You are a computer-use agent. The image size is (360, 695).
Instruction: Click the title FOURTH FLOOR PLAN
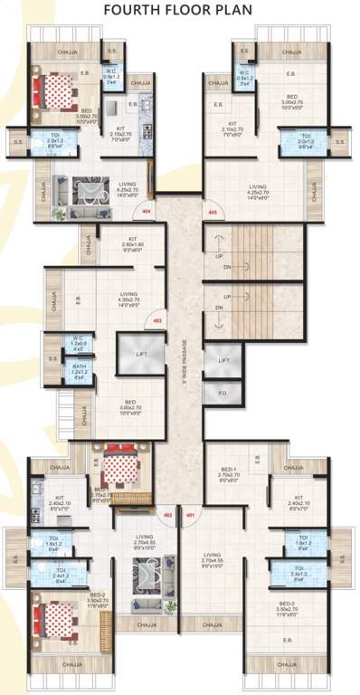[x=181, y=10]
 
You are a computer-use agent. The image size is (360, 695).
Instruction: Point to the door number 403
[x=157, y=320]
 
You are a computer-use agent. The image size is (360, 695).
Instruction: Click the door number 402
[x=166, y=517]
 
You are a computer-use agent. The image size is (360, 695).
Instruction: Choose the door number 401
[x=190, y=517]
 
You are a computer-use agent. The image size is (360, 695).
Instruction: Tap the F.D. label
[x=223, y=394]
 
